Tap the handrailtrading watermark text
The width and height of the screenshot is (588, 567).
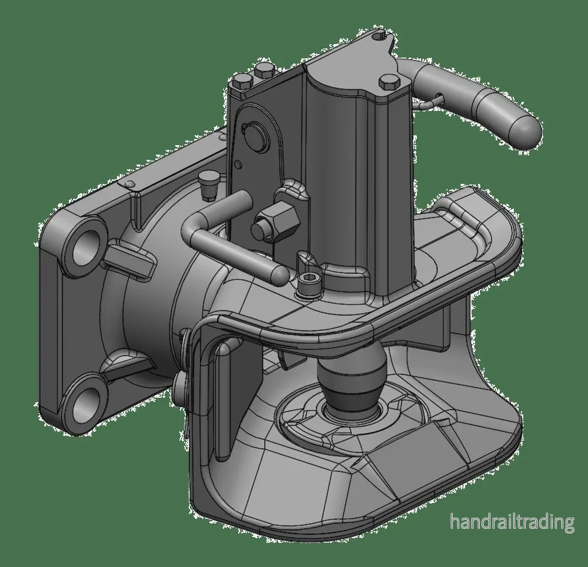click(x=512, y=522)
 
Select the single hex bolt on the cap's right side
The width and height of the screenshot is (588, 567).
click(x=389, y=82)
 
